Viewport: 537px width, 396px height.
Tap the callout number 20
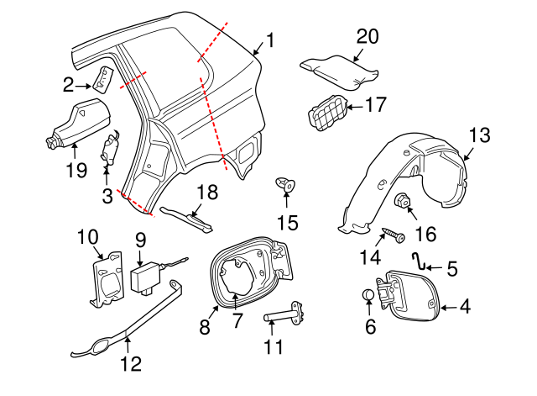tap(368, 36)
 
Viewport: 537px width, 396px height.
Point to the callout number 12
tap(130, 364)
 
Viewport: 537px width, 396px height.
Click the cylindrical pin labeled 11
tap(284, 319)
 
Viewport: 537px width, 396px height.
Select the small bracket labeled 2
tap(102, 79)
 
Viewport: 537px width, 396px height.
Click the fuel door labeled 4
tap(409, 299)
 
